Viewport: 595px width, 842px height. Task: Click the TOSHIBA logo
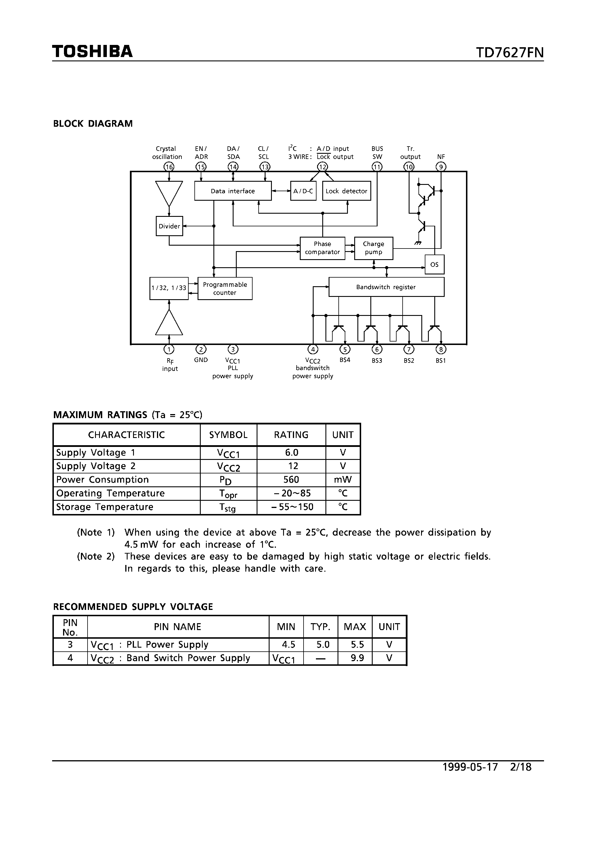point(92,51)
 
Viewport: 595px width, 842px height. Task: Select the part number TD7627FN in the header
point(509,53)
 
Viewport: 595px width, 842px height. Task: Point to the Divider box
point(169,226)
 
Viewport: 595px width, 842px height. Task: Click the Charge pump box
point(374,248)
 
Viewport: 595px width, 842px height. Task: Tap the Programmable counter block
point(225,289)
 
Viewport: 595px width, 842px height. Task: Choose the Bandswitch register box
point(386,287)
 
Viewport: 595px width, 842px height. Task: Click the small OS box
point(434,264)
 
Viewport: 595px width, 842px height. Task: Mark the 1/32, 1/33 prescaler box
point(169,288)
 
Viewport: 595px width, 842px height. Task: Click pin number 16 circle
point(169,167)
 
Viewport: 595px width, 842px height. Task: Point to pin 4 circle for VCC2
point(313,349)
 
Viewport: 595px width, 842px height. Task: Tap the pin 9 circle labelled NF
point(441,167)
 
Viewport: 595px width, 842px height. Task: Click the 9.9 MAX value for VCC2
point(357,658)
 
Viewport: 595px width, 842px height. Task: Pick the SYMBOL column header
point(228,435)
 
